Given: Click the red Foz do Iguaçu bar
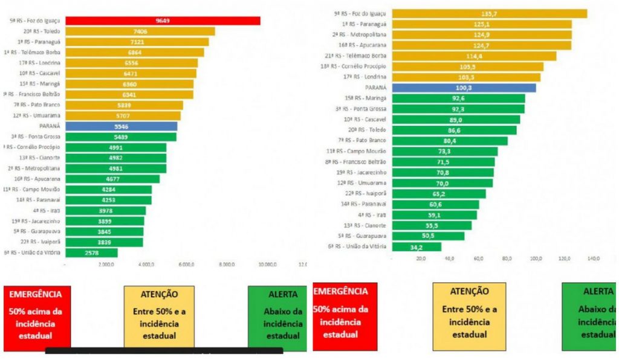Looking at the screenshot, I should pos(163,21).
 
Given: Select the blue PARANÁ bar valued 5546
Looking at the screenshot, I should pos(121,126).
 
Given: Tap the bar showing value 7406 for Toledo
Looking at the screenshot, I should pos(140,31).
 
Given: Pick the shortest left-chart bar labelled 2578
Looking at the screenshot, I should pos(91,252).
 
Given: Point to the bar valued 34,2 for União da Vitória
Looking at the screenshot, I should pos(416,246).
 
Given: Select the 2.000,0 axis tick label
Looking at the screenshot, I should pos(106,265).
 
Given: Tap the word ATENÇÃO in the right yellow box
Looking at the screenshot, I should pos(469,291).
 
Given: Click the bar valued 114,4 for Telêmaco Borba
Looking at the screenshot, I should pos(474,56).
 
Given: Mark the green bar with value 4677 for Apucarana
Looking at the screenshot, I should pos(112,179).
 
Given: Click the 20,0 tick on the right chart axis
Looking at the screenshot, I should pos(421,259).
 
